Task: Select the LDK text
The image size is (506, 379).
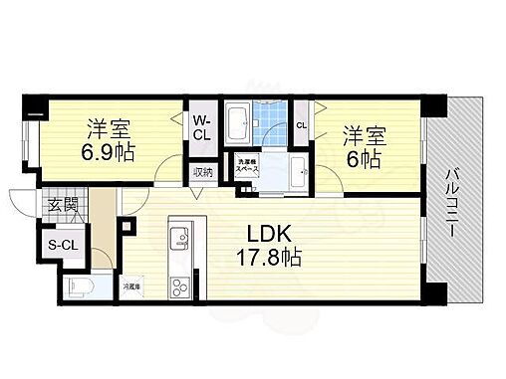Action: click(x=270, y=235)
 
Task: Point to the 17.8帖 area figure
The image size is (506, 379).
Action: click(x=270, y=256)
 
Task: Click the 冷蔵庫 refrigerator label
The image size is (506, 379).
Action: click(x=131, y=285)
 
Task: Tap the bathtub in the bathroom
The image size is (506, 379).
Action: click(x=239, y=125)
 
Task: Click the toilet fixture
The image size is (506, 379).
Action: click(x=81, y=288)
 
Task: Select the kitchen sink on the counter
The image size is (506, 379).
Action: click(x=179, y=237)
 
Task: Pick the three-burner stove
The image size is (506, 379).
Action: click(x=179, y=287)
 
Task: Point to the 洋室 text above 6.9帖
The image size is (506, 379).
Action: click(x=111, y=127)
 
